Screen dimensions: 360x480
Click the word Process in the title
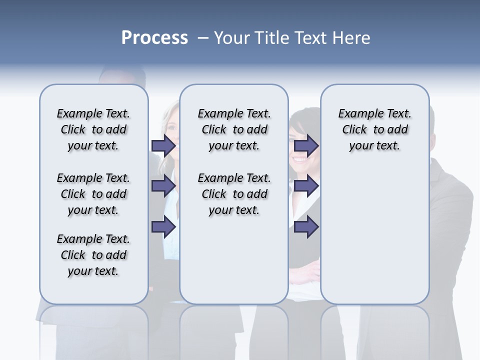click(x=154, y=37)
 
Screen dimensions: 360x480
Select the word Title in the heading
click(x=272, y=38)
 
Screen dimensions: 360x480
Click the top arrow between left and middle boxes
click(x=163, y=145)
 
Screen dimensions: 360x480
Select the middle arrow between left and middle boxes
click(x=163, y=186)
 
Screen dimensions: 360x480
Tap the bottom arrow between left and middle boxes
click(x=163, y=227)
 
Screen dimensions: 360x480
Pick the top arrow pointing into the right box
click(x=306, y=145)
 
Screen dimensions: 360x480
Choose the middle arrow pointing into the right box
click(x=306, y=186)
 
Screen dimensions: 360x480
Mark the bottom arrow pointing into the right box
click(x=306, y=227)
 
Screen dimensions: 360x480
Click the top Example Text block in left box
click(x=93, y=129)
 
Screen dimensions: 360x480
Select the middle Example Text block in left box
click(x=93, y=194)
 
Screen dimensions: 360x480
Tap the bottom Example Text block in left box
click(x=93, y=255)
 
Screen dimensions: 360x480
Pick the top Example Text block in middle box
click(x=234, y=129)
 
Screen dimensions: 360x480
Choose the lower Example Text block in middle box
click(x=234, y=194)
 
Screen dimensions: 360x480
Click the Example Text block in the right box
click(x=374, y=129)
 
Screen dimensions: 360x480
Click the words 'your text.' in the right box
click(x=374, y=145)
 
